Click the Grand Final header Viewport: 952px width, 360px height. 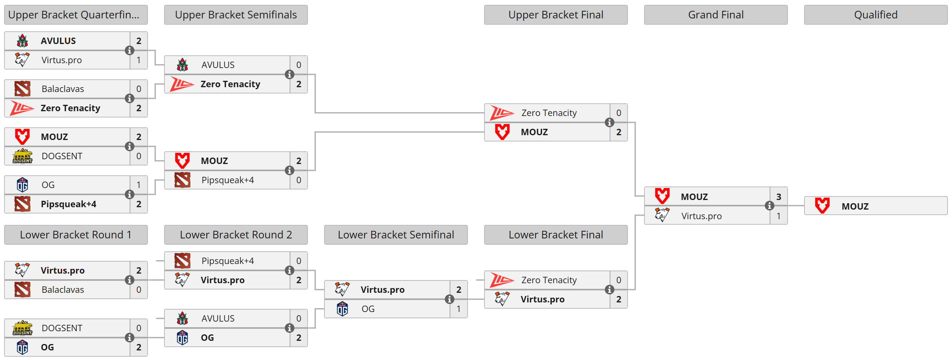[716, 15]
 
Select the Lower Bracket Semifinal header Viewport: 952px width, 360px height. [396, 235]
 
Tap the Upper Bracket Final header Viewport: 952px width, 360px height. [556, 15]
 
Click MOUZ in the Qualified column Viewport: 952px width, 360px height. [855, 206]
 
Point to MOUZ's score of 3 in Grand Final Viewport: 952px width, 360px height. [778, 197]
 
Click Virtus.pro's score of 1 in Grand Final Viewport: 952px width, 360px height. [778, 216]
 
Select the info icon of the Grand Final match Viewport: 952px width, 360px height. [769, 206]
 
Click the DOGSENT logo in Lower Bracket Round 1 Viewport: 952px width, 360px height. [22, 328]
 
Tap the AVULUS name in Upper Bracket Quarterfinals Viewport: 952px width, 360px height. [58, 41]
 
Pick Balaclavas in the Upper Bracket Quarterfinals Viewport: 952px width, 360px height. [63, 89]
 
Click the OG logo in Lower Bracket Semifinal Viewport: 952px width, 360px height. [342, 309]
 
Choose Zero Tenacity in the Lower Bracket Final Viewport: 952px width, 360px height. [549, 280]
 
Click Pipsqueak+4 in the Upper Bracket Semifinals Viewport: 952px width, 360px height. [228, 180]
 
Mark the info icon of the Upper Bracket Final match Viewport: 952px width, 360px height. [609, 122]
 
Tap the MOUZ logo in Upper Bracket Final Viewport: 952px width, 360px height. [502, 132]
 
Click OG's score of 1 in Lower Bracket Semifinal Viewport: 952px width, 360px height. [458, 309]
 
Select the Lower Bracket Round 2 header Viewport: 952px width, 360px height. [236, 235]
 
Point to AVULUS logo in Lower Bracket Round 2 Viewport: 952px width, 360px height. [182, 318]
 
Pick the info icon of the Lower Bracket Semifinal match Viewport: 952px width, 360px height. [449, 299]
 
